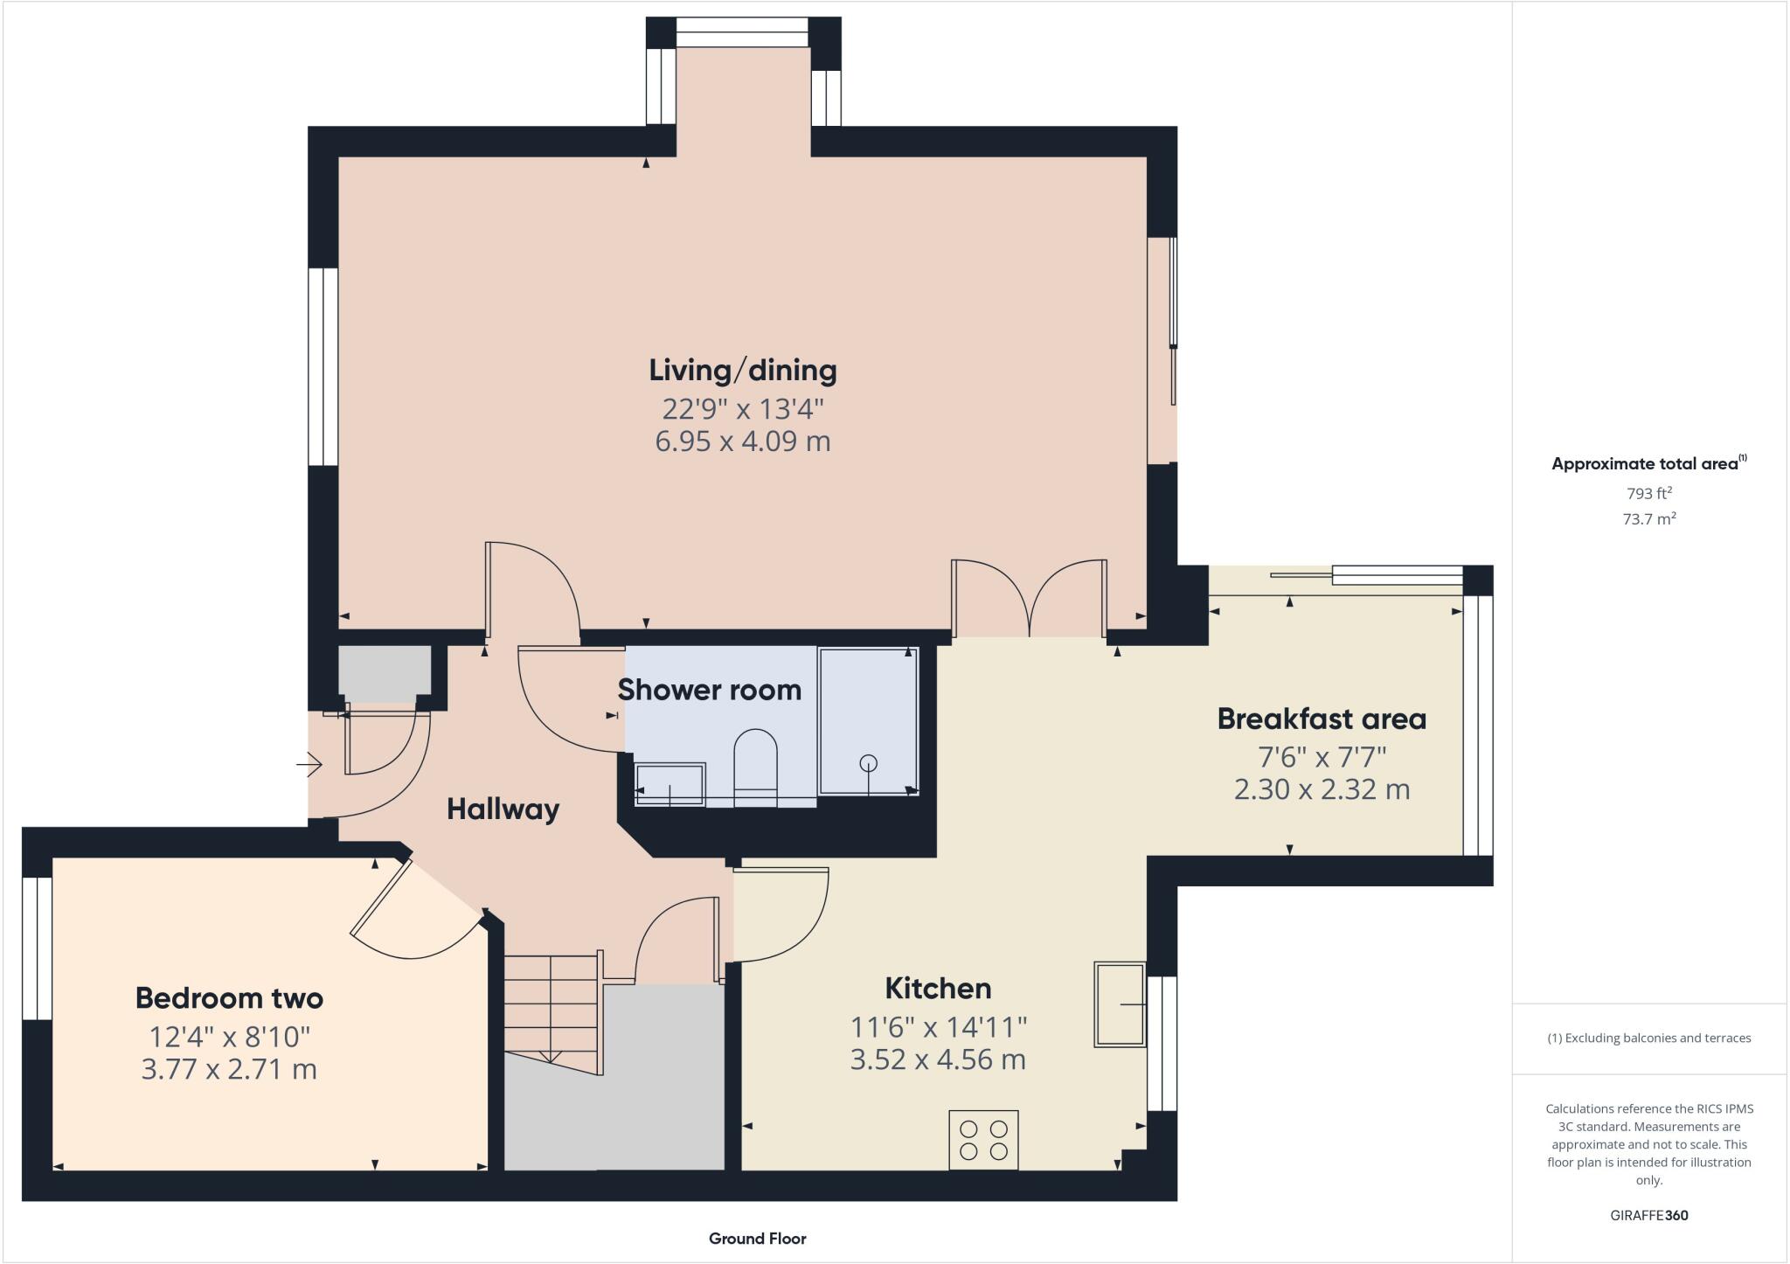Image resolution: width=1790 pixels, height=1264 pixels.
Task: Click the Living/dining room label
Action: point(742,371)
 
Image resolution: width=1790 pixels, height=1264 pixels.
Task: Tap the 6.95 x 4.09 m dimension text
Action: point(742,441)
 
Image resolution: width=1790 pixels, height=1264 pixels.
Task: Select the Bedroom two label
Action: point(229,998)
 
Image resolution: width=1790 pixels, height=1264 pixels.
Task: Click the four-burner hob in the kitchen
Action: point(983,1140)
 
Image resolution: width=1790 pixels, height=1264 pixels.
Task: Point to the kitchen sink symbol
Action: point(1120,1004)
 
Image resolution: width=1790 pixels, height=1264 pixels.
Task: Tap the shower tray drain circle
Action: point(868,762)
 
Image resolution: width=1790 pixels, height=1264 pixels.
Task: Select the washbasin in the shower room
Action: point(670,784)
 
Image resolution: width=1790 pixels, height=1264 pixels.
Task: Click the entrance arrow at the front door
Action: point(309,766)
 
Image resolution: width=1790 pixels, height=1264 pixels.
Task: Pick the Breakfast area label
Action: point(1322,719)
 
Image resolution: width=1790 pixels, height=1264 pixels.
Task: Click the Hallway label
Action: point(503,809)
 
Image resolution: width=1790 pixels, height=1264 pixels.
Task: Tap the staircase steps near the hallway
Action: point(551,1005)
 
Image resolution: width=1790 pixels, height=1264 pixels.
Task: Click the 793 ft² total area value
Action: point(1648,493)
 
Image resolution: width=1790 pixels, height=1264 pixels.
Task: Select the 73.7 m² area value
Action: point(1648,519)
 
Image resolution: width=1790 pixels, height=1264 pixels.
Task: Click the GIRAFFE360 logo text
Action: point(1648,1215)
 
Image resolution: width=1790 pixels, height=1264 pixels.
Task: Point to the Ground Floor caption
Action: point(757,1239)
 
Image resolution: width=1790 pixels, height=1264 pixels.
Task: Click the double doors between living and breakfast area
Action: point(1030,599)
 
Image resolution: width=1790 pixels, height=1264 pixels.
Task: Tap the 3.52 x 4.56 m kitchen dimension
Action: point(938,1060)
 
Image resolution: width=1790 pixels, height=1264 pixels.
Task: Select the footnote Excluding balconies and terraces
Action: point(1648,1038)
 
